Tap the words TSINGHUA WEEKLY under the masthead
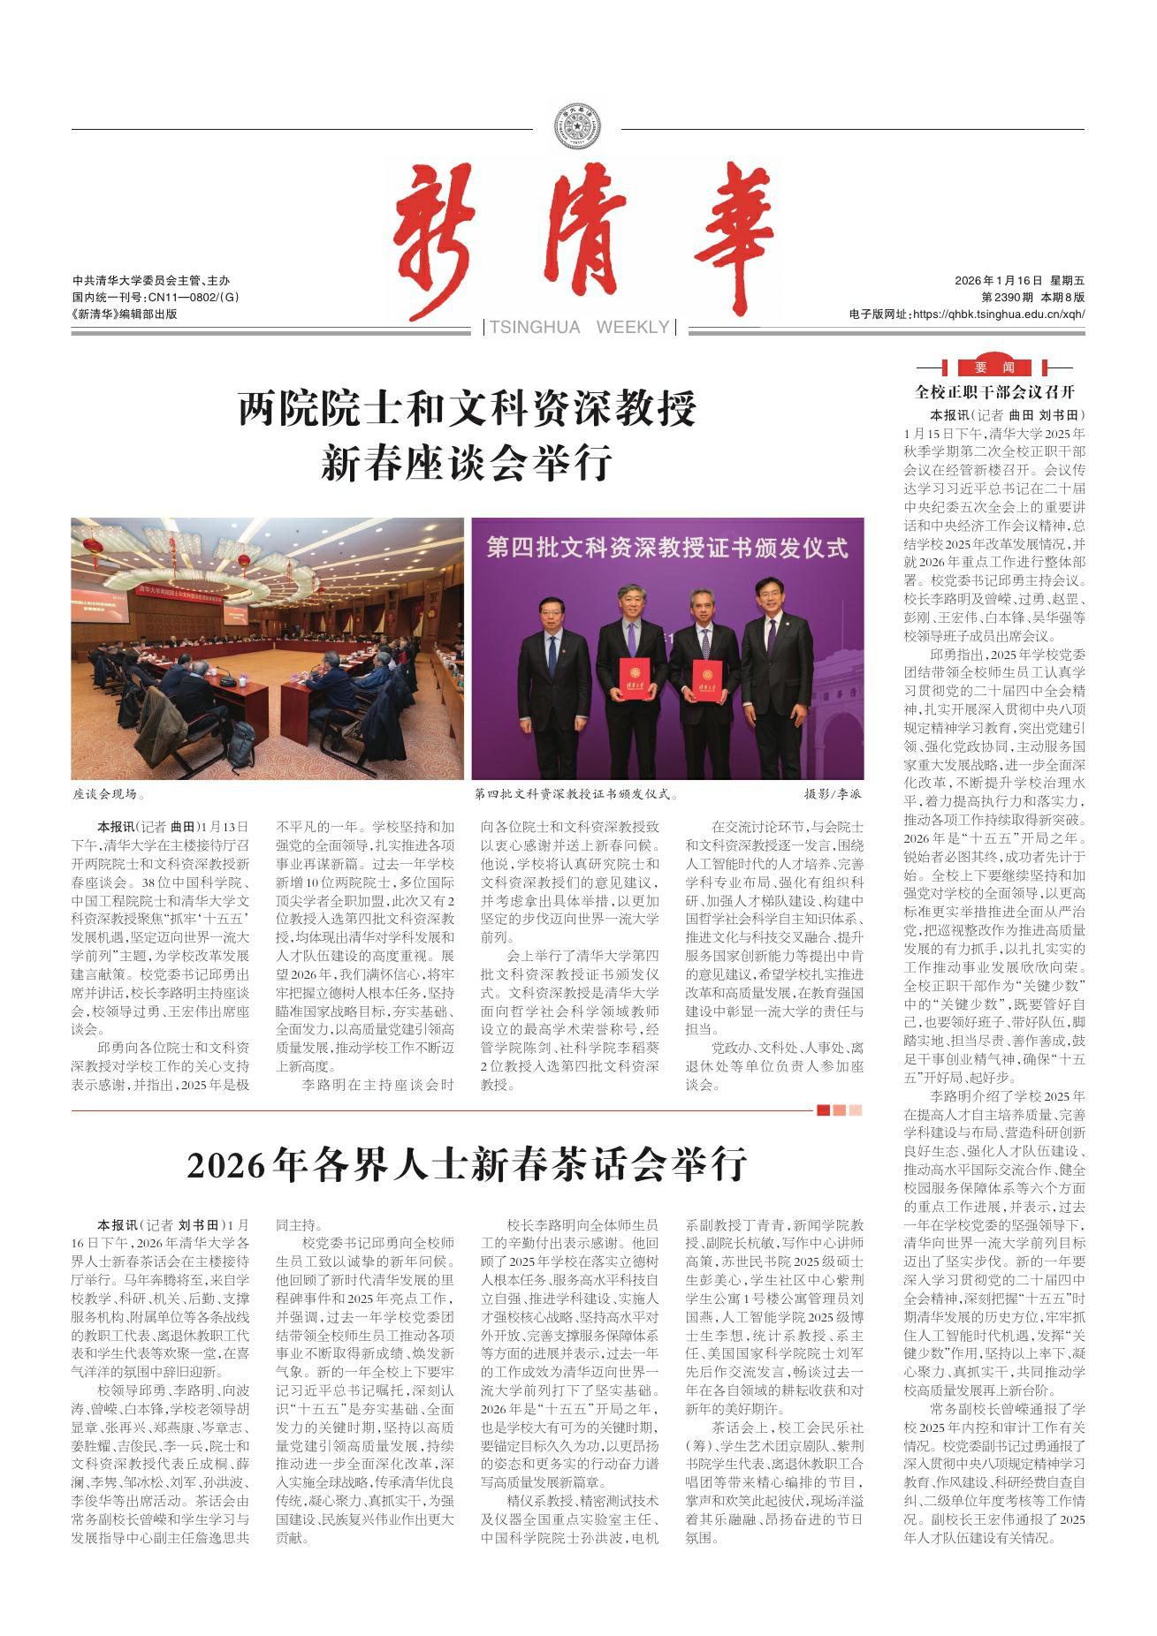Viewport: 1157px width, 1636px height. point(579,328)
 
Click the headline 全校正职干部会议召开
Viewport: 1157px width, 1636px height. point(994,391)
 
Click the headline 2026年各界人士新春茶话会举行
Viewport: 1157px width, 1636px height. point(468,1165)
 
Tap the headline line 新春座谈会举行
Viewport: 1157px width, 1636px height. point(468,463)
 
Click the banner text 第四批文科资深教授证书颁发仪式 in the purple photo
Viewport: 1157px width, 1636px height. point(667,549)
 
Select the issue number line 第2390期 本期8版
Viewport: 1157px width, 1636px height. point(1032,298)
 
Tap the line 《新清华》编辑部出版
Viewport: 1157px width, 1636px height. point(125,313)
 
